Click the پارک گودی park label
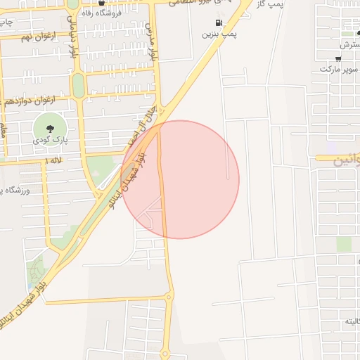click(x=50, y=141)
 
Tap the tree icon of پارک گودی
click(x=51, y=129)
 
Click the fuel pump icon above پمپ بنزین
click(x=226, y=22)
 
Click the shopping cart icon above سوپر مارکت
click(x=339, y=58)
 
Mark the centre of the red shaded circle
click(x=180, y=179)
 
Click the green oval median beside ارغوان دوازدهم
click(x=78, y=86)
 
